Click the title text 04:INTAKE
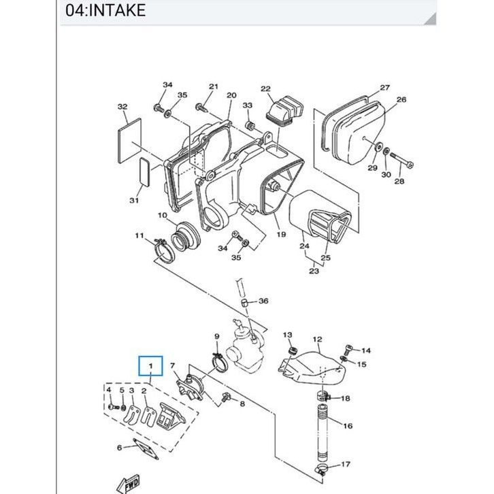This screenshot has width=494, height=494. [105, 10]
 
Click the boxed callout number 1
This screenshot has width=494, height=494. [151, 366]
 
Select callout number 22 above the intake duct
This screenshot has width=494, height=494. [265, 89]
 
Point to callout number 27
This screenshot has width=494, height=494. [384, 87]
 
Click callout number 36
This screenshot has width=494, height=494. [263, 301]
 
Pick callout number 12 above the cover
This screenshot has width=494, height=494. [318, 340]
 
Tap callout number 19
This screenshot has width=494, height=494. [281, 234]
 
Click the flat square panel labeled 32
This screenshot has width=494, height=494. [129, 141]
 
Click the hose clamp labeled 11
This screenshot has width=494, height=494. [163, 250]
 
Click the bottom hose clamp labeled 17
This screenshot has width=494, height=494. [321, 470]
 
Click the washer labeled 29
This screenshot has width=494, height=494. [378, 147]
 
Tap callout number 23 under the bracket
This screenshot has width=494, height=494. [314, 271]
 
